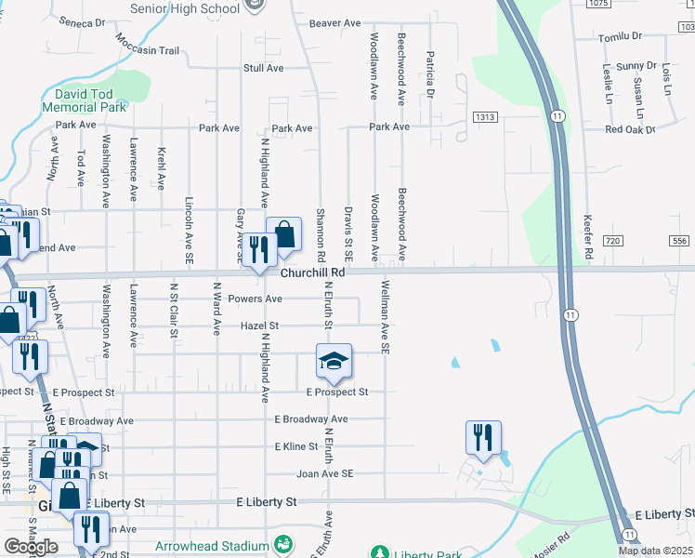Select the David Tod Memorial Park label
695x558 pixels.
click(x=90, y=101)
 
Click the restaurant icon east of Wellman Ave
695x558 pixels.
click(x=483, y=436)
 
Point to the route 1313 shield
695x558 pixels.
click(x=484, y=117)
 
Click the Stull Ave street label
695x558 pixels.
click(x=263, y=69)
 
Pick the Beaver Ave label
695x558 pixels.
click(x=334, y=23)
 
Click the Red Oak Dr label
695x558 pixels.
click(x=630, y=129)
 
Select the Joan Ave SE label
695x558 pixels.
click(x=325, y=473)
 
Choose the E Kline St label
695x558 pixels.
click(x=296, y=447)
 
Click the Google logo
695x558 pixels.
click(x=31, y=547)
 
